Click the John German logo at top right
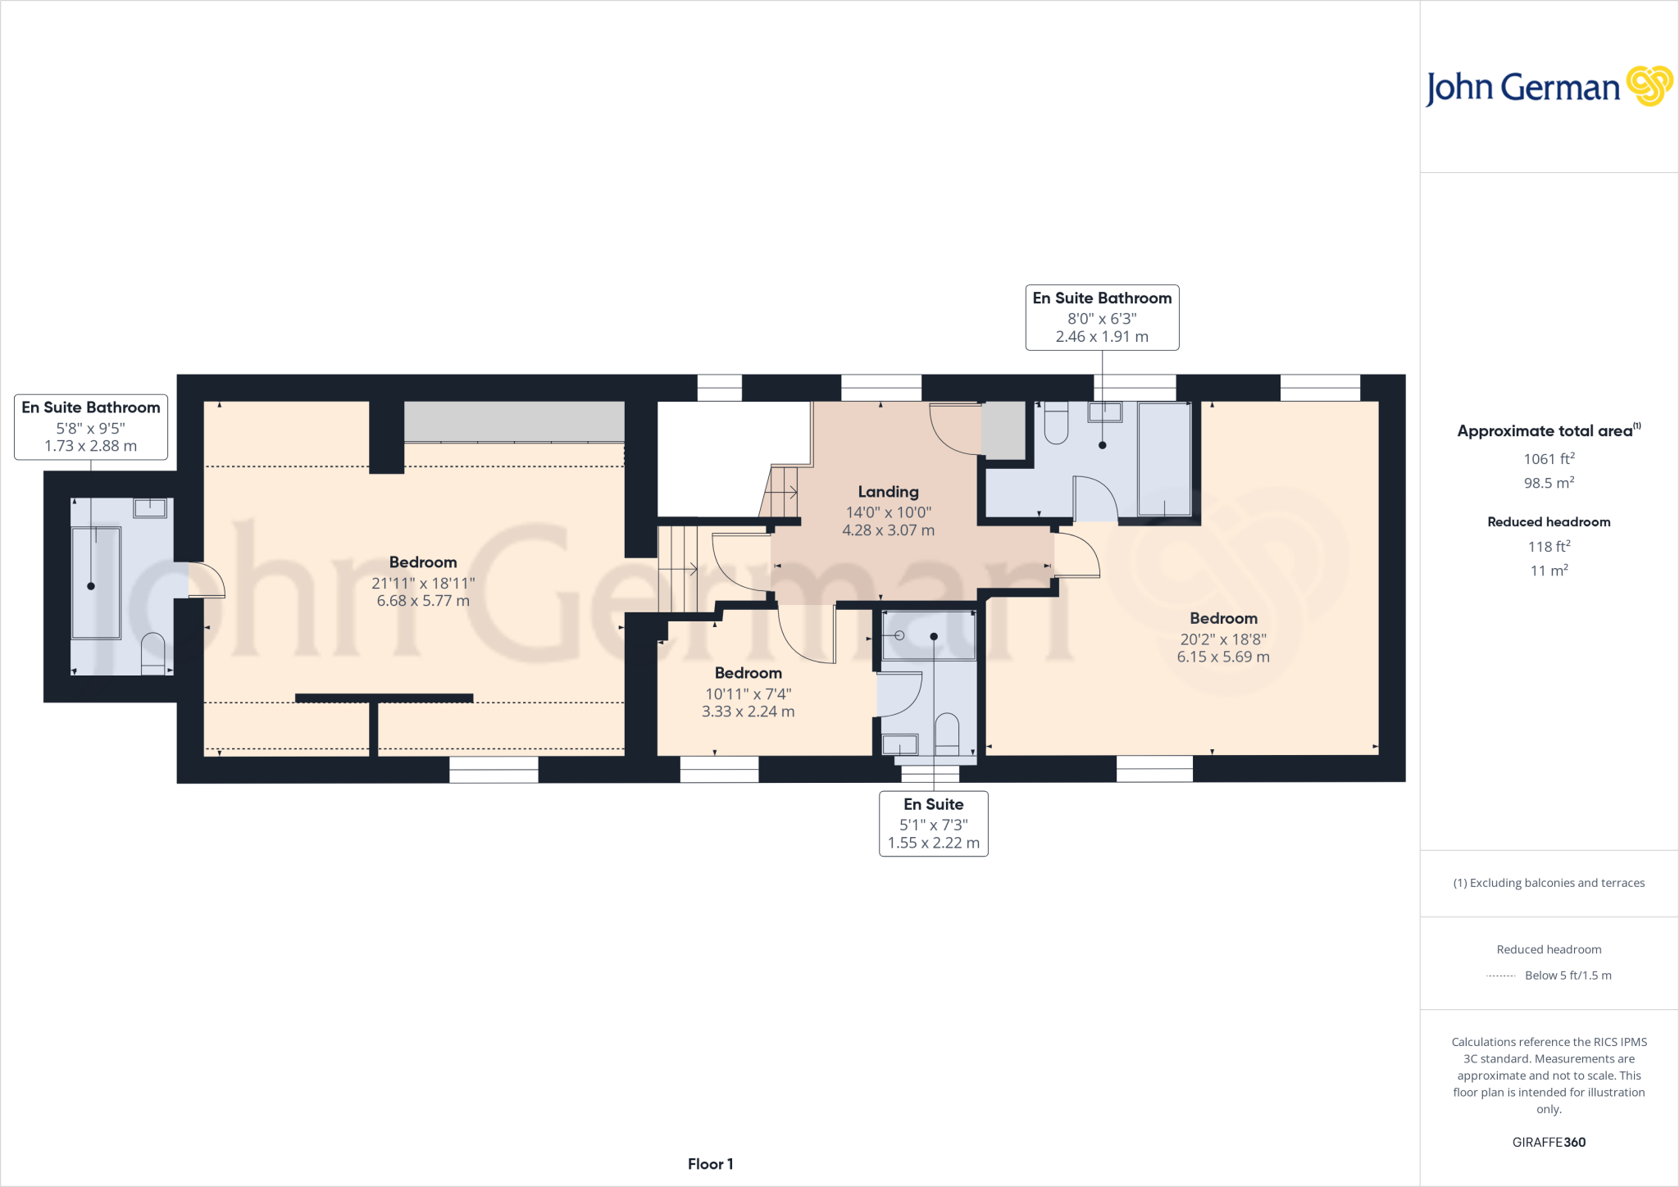pos(1548,87)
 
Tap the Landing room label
pos(888,492)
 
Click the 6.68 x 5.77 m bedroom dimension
pos(423,601)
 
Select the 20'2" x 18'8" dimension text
pos(1223,639)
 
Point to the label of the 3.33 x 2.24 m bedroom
pos(748,673)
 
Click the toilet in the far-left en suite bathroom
pos(152,653)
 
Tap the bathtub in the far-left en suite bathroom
pos(96,583)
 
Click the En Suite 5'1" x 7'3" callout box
pos(933,823)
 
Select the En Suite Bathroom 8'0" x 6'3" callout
pos(1102,317)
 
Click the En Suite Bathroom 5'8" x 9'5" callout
pos(91,426)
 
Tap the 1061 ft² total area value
pos(1549,459)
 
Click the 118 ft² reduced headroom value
pos(1549,547)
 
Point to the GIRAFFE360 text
pos(1549,1142)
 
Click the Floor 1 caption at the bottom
pos(710,1164)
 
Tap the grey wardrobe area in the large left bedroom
pos(514,421)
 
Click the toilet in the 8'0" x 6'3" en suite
pos(1056,423)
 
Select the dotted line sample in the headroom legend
pos(1501,976)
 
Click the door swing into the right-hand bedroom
pos(1076,555)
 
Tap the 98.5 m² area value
pos(1549,483)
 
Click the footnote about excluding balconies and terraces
pos(1549,883)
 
